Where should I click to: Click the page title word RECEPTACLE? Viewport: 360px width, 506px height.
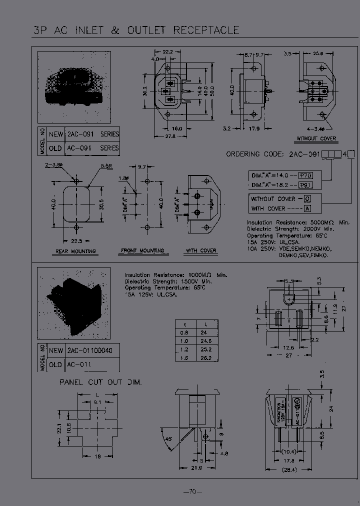tap(206, 30)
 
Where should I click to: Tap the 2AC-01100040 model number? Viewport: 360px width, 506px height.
tap(90, 351)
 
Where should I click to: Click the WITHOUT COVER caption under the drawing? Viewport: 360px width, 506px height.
tap(316, 138)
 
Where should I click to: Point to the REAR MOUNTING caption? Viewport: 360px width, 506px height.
tap(76, 251)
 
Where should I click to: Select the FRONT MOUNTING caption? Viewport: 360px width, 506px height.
tap(142, 250)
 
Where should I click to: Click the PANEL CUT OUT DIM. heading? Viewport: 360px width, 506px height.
tap(100, 382)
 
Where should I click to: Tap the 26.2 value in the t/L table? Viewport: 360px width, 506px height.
tap(205, 358)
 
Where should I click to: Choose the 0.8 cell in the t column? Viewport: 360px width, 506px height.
tap(184, 332)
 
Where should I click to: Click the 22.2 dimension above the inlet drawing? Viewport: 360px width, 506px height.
tap(167, 51)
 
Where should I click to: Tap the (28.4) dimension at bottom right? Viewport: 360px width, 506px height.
tap(287, 469)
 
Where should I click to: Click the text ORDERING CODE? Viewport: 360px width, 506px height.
tap(256, 154)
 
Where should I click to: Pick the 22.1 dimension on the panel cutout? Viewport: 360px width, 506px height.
tap(59, 428)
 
